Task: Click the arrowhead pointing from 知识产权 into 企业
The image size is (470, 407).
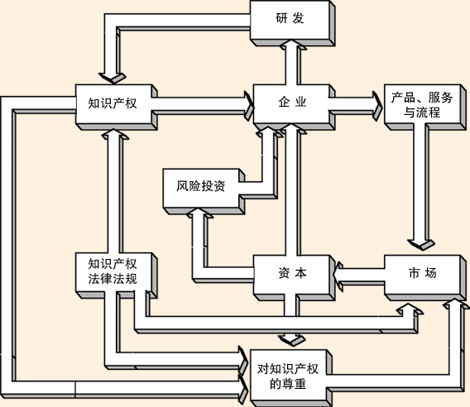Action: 249,107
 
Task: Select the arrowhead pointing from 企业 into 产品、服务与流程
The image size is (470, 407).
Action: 377,107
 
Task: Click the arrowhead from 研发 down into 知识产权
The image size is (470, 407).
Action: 113,79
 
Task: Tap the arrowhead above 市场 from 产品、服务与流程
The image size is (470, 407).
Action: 421,245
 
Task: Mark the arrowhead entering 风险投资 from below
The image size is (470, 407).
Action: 199,213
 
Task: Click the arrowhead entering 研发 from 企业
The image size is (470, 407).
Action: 293,45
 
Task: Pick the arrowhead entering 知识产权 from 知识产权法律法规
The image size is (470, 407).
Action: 115,135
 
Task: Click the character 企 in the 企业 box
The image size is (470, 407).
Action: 283,103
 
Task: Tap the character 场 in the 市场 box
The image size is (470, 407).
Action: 431,273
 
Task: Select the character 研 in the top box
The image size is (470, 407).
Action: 281,18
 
